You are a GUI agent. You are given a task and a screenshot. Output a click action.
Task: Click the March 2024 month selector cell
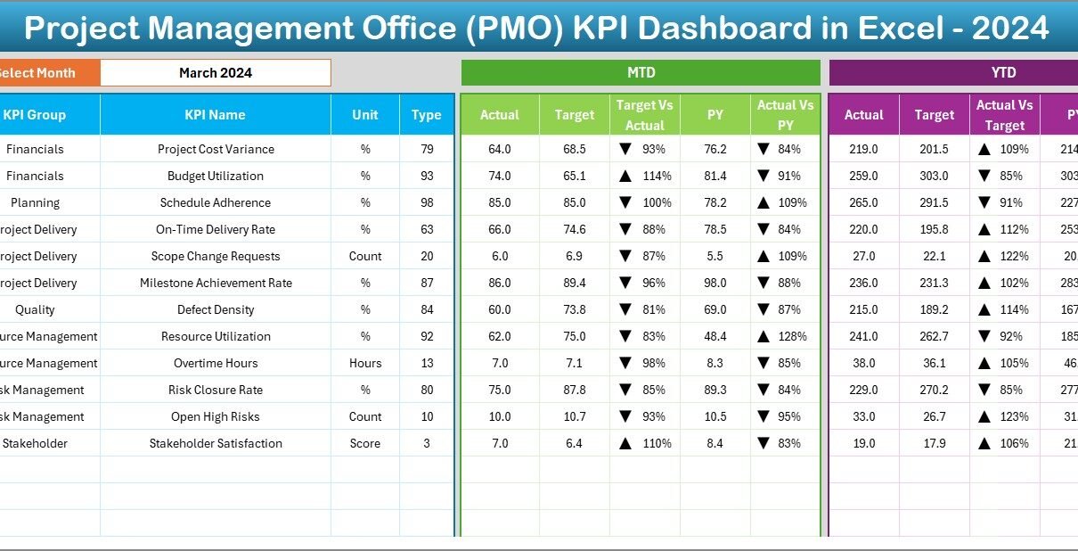click(x=215, y=73)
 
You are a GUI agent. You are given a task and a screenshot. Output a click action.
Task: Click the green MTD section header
click(x=641, y=73)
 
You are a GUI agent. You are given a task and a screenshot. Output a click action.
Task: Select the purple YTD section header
click(x=1003, y=73)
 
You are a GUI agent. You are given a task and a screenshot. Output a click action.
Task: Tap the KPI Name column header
click(x=215, y=115)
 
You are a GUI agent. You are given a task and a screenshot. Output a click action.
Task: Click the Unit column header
click(x=365, y=115)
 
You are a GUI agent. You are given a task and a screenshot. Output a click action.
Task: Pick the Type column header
click(x=427, y=115)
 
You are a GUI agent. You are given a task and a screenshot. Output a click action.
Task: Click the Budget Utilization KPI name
click(x=216, y=176)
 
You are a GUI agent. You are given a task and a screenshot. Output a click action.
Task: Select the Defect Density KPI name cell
click(x=216, y=309)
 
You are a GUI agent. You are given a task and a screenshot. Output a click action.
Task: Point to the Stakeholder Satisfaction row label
click(x=216, y=443)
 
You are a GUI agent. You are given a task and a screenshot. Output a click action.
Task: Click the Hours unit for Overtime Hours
click(x=365, y=363)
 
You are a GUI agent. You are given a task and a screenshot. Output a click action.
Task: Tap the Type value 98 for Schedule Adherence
click(x=427, y=202)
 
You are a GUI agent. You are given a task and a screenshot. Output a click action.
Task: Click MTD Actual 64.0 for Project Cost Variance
click(x=500, y=149)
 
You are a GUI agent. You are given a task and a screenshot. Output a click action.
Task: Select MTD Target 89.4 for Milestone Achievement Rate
click(x=575, y=283)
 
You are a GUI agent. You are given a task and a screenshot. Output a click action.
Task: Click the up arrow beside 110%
click(x=625, y=443)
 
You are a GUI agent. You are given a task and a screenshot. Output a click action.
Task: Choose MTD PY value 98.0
click(x=715, y=283)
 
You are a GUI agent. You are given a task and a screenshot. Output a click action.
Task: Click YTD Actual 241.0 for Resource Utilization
click(x=864, y=336)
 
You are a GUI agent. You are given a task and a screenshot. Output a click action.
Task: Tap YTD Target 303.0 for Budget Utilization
click(x=934, y=176)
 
